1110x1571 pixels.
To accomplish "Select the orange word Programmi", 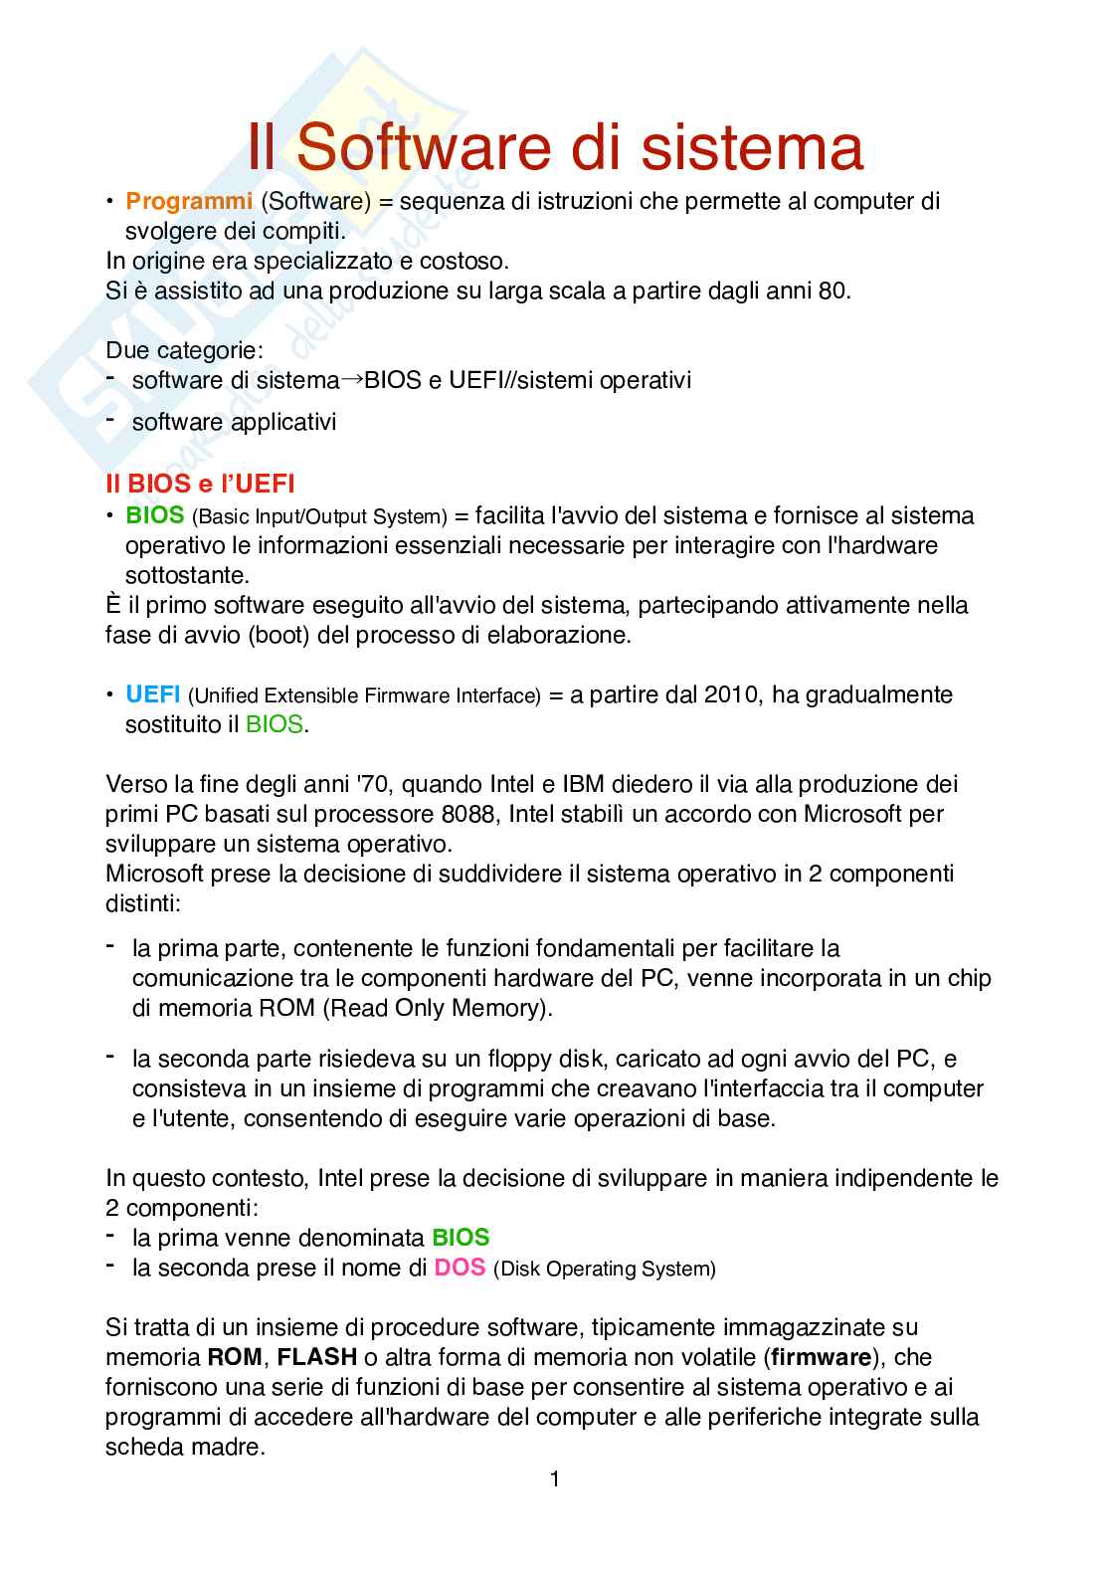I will point(189,201).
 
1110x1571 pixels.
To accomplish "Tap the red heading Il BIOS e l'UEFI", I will point(200,484).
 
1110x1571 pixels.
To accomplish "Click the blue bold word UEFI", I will point(153,694).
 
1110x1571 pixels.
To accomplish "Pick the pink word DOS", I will point(460,1268).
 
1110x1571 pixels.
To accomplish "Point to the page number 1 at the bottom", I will point(555,1479).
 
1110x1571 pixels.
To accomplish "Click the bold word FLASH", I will point(317,1357).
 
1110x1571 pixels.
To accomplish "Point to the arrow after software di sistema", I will point(352,379).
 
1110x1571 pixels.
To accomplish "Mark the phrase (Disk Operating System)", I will point(605,1269).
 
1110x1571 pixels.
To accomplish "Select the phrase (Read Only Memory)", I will point(438,1008).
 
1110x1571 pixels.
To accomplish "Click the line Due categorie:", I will point(185,350).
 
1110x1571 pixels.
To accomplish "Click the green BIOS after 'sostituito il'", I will point(274,724).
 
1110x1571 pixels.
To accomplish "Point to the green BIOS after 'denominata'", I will point(461,1238).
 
